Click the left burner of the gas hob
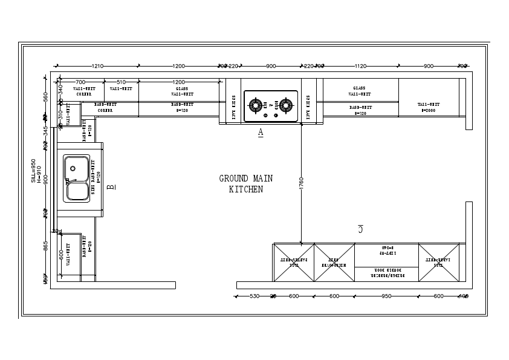258,105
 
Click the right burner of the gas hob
285,105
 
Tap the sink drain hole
73,168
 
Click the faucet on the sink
68,180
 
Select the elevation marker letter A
261,132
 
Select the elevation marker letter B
111,188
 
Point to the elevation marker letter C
360,229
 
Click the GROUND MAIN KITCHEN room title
245,184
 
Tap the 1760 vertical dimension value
301,184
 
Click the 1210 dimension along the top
97,66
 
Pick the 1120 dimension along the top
360,66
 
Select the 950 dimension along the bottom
386,296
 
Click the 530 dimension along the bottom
254,296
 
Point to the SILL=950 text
34,171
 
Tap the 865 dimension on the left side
46,246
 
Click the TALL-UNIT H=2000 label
429,108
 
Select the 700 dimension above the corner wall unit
80,82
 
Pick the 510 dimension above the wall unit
121,82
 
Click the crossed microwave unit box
334,263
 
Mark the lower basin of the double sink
77,191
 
